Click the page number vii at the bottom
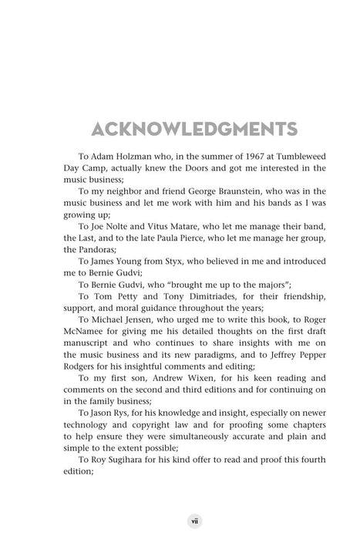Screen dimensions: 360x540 (180, 518)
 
